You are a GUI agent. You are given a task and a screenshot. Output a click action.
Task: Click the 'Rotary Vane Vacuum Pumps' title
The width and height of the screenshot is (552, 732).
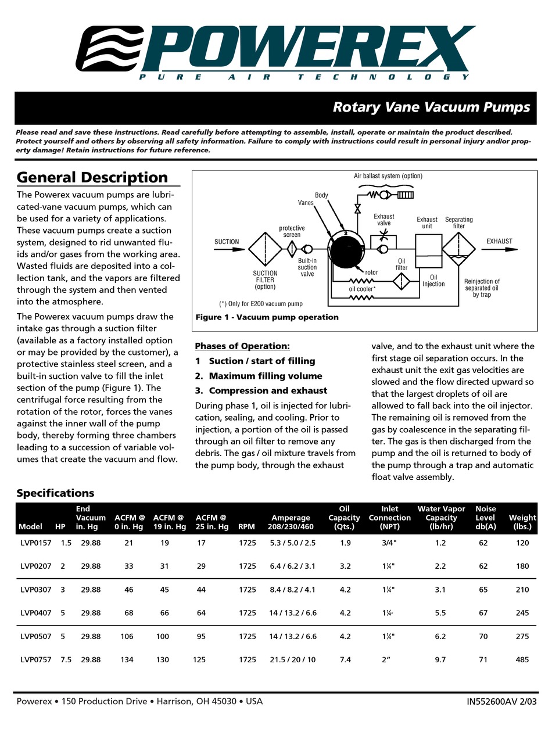(431, 107)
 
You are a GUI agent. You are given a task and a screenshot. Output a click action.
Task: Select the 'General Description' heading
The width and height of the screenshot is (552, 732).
(92, 177)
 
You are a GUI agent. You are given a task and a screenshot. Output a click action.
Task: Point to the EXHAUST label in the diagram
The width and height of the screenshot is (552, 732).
(499, 241)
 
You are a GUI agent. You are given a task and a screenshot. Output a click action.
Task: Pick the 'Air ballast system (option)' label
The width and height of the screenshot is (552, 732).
(388, 176)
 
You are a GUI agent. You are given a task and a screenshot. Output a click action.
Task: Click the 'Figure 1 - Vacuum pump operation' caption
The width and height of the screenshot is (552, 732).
(267, 317)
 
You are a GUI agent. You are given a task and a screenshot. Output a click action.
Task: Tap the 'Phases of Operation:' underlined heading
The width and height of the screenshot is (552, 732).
(242, 346)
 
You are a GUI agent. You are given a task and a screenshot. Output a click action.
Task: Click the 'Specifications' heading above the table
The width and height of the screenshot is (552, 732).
(55, 493)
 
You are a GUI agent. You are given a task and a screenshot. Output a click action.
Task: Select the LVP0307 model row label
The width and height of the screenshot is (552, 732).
(35, 590)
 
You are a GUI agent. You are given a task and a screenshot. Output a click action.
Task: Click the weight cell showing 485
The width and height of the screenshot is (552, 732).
(522, 659)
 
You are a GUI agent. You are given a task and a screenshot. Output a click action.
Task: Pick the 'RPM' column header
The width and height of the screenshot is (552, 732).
(247, 527)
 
